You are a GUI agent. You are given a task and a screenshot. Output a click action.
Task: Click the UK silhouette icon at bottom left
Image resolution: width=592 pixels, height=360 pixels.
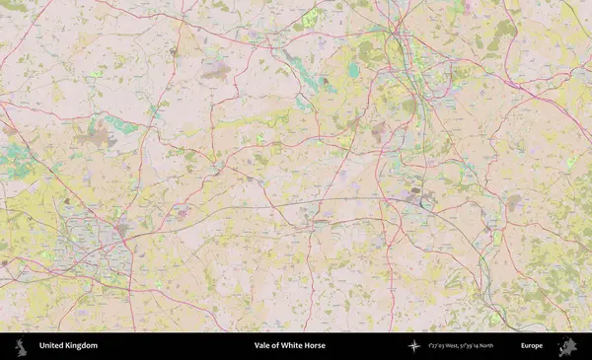(20, 346)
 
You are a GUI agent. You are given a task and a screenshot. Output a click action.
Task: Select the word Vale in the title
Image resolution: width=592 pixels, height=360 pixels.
(262, 346)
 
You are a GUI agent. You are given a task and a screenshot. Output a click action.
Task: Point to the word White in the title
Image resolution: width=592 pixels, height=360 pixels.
(291, 346)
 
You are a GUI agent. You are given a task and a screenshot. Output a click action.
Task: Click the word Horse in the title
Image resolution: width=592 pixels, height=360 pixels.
(315, 346)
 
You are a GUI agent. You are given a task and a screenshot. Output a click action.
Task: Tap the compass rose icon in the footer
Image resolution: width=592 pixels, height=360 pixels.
(414, 346)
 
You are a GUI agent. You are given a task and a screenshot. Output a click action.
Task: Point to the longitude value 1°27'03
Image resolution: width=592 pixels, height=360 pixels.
(440, 346)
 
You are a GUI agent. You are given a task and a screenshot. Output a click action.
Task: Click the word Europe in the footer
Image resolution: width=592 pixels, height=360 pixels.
(532, 346)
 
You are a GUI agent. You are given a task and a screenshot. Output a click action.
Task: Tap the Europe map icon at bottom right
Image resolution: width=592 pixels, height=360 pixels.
(566, 346)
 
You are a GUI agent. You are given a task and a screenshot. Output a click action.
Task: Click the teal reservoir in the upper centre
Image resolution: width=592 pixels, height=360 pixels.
(353, 71)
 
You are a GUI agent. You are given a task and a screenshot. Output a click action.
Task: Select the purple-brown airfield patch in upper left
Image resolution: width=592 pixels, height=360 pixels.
(216, 71)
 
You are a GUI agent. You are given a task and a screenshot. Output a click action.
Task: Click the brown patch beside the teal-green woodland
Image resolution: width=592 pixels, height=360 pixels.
(95, 138)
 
